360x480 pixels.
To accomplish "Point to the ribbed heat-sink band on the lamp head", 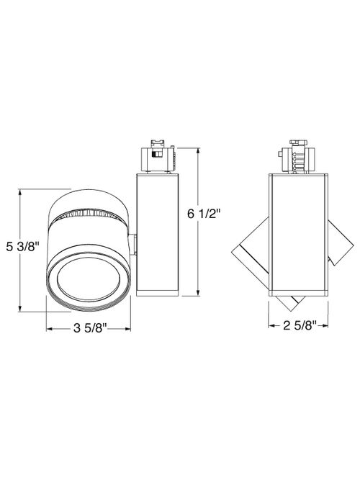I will pyautogui.click(x=89, y=213).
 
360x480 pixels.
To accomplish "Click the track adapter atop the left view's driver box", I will pyautogui.click(x=156, y=156).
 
